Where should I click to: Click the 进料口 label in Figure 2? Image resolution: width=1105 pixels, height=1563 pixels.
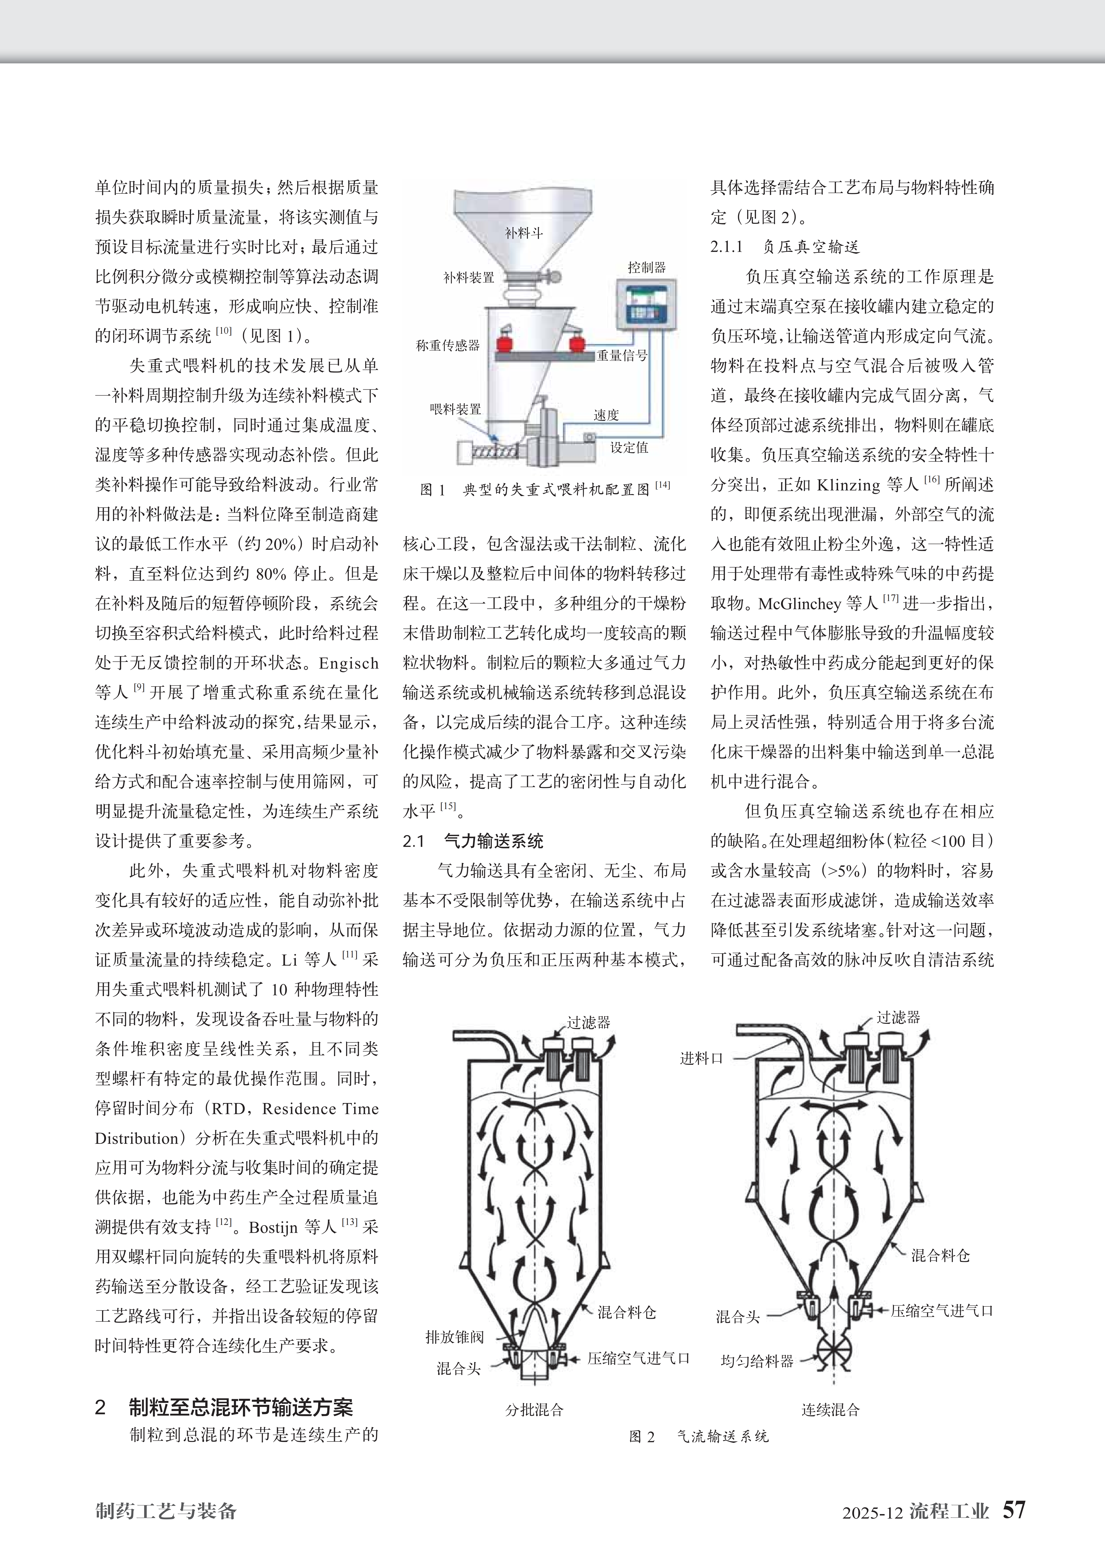[x=701, y=1059]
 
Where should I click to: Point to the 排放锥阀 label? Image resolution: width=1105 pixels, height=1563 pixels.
[x=454, y=1337]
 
